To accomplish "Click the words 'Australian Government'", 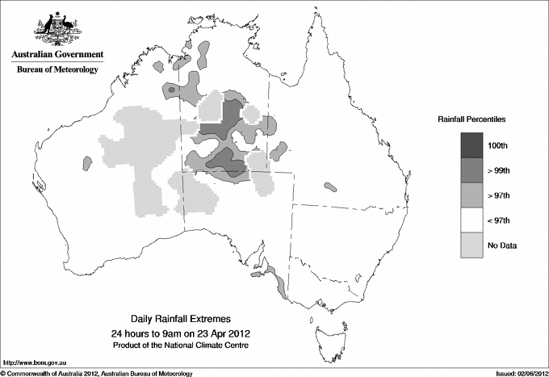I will click(57, 55).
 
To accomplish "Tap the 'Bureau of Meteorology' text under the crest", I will click(57, 69).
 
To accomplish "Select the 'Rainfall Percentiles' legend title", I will click(471, 119).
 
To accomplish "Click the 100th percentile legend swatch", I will click(472, 145).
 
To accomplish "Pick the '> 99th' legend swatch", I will click(472, 170).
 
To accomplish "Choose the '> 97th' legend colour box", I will click(472, 195).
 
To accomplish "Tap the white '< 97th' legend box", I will click(472, 220).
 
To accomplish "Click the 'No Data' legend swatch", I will click(472, 245).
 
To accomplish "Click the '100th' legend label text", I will click(498, 145).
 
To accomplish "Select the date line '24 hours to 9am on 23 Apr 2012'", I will click(185, 333).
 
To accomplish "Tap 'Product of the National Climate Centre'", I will click(185, 346).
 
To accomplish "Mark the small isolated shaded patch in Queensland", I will click(330, 186).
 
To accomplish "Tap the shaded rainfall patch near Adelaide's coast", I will click(279, 283).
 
